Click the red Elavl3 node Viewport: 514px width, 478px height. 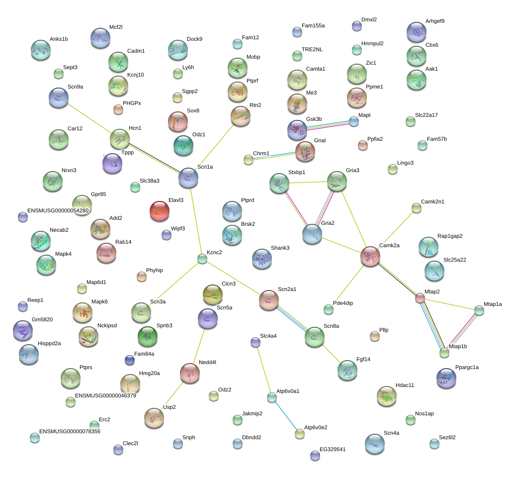click(160, 210)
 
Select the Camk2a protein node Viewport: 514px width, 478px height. click(370, 256)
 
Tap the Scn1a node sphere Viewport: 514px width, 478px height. click(188, 178)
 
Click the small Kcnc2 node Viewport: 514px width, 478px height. click(202, 259)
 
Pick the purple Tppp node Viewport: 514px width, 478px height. click(112, 163)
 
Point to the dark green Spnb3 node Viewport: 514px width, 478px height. click(148, 336)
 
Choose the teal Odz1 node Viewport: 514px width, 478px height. click(183, 145)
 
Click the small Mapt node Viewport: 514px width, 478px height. click(354, 122)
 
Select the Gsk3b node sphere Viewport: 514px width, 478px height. click(297, 130)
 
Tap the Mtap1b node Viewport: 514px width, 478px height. click(444, 353)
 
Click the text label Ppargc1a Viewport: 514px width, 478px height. click(467, 367)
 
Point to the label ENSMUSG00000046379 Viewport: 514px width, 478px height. click(105, 395)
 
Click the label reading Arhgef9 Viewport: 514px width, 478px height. click(435, 21)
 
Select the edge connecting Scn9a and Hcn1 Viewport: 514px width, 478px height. click(89, 118)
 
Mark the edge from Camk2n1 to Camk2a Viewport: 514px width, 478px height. click(398, 227)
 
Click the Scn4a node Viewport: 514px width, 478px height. click(375, 444)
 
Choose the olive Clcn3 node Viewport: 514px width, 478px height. click(213, 294)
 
